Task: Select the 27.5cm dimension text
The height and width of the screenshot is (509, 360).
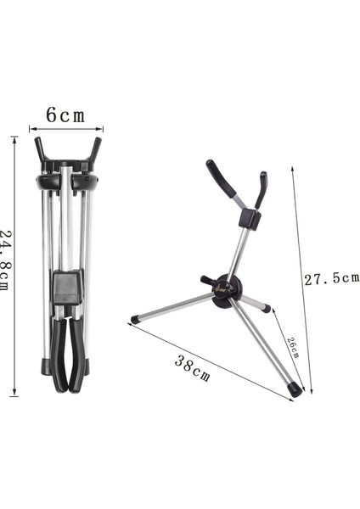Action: (332, 277)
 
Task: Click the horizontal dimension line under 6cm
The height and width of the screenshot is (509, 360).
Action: (65, 130)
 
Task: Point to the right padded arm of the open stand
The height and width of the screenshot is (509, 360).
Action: (262, 189)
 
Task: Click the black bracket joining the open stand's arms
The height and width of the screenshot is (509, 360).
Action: (249, 218)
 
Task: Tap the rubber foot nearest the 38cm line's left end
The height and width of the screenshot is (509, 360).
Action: (136, 320)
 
